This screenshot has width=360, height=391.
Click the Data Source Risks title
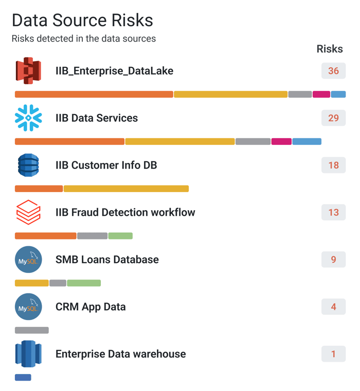coord(82,20)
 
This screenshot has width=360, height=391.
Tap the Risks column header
coord(330,49)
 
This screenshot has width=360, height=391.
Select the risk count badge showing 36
coord(333,71)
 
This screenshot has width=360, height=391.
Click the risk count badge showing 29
coord(333,118)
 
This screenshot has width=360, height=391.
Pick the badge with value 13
coord(333,212)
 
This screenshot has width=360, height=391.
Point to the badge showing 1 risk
coord(333,354)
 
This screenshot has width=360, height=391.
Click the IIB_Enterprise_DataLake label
coord(114,71)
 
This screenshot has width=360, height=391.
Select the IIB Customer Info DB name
coord(106,165)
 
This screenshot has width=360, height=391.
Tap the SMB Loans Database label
coord(107,259)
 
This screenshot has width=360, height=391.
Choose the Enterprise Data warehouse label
coord(120,354)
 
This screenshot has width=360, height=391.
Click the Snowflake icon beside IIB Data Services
coord(28,118)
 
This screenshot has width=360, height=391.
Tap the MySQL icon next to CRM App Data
coord(28,307)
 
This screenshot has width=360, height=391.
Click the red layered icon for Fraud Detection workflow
coord(28,212)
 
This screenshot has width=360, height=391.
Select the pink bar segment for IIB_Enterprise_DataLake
coord(321,95)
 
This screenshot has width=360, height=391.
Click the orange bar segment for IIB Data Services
coord(69,142)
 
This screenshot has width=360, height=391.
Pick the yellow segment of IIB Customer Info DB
coord(126,189)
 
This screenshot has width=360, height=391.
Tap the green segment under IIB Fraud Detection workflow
coord(120,236)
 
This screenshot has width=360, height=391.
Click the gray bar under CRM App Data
coord(32,330)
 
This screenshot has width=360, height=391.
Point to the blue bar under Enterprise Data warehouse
coord(23,378)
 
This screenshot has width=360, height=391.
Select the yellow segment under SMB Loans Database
coord(32,283)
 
